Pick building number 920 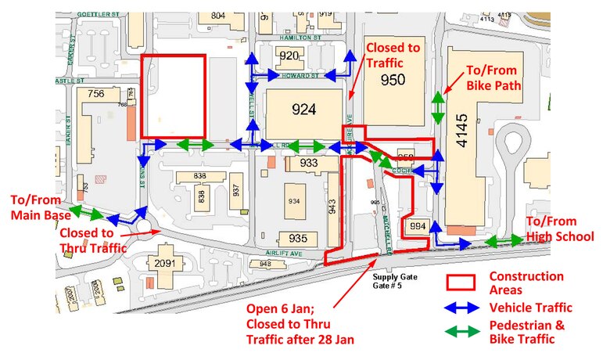tap(289, 56)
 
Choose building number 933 tap(308, 163)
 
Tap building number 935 tap(297, 238)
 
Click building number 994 tap(418, 226)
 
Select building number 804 tap(217, 15)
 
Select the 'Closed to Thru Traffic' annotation tap(92, 240)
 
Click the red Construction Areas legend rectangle tap(462, 283)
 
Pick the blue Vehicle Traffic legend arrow tap(462, 308)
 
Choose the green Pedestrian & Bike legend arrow tap(462, 332)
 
